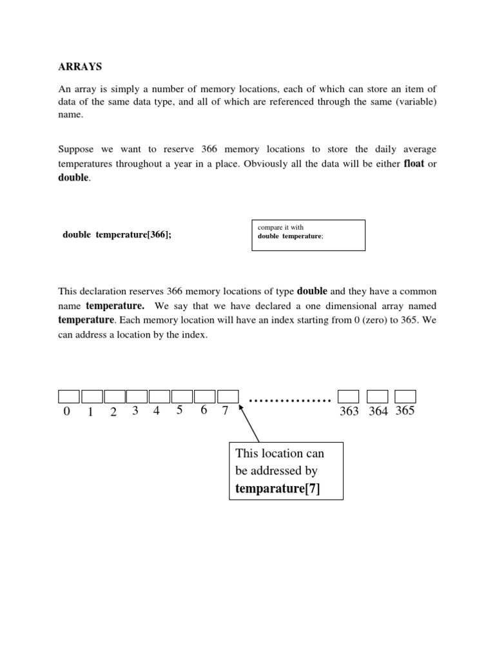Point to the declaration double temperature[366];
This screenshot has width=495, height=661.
pyautogui.click(x=117, y=235)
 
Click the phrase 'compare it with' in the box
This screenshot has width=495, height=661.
pyautogui.click(x=280, y=227)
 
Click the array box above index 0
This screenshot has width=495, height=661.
pyautogui.click(x=69, y=396)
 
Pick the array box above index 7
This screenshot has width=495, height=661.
pyautogui.click(x=228, y=396)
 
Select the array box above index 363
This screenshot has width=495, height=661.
pyautogui.click(x=349, y=396)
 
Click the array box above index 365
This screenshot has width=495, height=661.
pyautogui.click(x=405, y=396)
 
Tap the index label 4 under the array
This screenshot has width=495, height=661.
pyautogui.click(x=156, y=411)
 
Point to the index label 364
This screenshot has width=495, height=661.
pyautogui.click(x=378, y=412)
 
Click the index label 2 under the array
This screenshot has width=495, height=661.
pyautogui.click(x=113, y=412)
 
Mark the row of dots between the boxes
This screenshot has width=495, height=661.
pyautogui.click(x=289, y=401)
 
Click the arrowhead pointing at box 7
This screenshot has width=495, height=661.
pyautogui.click(x=241, y=407)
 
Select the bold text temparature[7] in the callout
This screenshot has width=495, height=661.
pyautogui.click(x=277, y=489)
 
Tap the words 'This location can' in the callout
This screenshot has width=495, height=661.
pyautogui.click(x=280, y=454)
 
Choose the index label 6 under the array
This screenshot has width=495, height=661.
pyautogui.click(x=204, y=411)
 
